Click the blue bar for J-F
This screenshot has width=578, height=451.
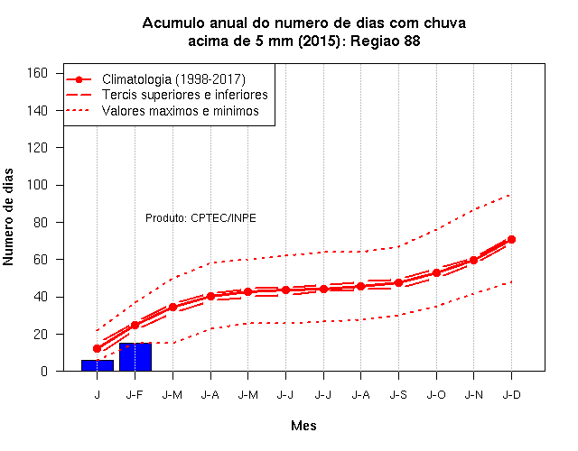click(135, 357)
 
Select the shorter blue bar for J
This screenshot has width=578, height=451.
click(98, 365)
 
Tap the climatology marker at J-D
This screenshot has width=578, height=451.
click(511, 239)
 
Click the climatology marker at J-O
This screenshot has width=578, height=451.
click(436, 272)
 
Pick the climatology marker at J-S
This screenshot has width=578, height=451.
click(398, 282)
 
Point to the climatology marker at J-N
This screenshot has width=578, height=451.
click(473, 261)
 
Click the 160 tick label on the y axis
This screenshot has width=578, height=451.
click(37, 73)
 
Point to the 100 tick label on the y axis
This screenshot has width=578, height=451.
click(37, 184)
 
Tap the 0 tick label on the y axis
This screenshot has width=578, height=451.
click(44, 371)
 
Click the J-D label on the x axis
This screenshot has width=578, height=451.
click(512, 395)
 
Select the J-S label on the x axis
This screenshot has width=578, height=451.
click(398, 395)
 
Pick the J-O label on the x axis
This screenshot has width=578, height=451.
click(436, 395)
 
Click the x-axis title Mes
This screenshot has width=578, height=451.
click(303, 426)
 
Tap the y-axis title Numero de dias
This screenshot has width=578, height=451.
click(8, 216)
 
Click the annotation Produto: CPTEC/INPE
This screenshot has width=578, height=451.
click(200, 218)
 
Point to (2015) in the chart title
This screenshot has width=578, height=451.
click(319, 41)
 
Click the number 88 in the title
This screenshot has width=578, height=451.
click(412, 41)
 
